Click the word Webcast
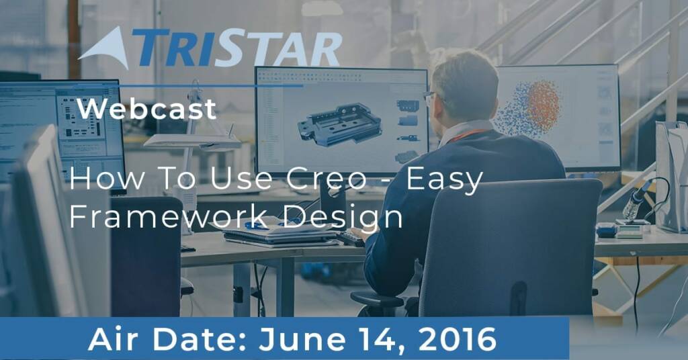(x=146, y=109)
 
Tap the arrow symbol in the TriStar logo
(x=105, y=48)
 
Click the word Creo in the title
(x=327, y=179)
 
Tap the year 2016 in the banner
(x=458, y=339)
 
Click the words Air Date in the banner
(x=167, y=339)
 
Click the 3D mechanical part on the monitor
(x=339, y=124)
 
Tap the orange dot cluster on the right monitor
(x=543, y=105)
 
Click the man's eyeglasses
(x=430, y=95)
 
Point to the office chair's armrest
(x=378, y=300)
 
